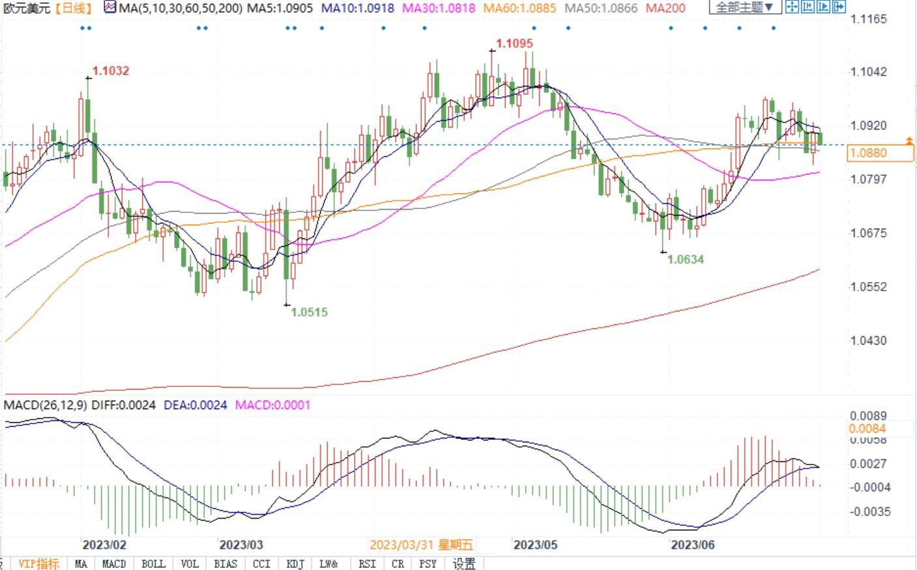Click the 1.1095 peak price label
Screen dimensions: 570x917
pyautogui.click(x=514, y=44)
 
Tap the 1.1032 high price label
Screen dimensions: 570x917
pyautogui.click(x=111, y=71)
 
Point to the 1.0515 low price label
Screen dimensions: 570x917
pyautogui.click(x=309, y=312)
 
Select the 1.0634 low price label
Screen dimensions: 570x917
pyautogui.click(x=686, y=259)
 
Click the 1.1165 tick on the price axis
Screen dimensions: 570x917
pyautogui.click(x=869, y=19)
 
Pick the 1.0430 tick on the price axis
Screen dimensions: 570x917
pyautogui.click(x=869, y=340)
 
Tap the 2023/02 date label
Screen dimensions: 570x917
pyautogui.click(x=104, y=545)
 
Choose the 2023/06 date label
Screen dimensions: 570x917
pyautogui.click(x=693, y=545)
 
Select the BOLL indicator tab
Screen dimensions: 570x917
pyautogui.click(x=153, y=563)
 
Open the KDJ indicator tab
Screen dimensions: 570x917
pyautogui.click(x=295, y=563)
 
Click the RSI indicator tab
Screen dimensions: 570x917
pyautogui.click(x=367, y=563)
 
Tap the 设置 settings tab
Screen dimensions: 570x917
pyautogui.click(x=464, y=563)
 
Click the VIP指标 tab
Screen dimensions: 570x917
pyautogui.click(x=38, y=563)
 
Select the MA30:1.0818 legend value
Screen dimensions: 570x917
pyautogui.click(x=439, y=8)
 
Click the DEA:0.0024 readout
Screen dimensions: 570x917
pyautogui.click(x=195, y=405)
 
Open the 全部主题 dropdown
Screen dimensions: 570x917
pyautogui.click(x=744, y=8)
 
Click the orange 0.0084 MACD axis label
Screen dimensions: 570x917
pyautogui.click(x=867, y=429)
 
